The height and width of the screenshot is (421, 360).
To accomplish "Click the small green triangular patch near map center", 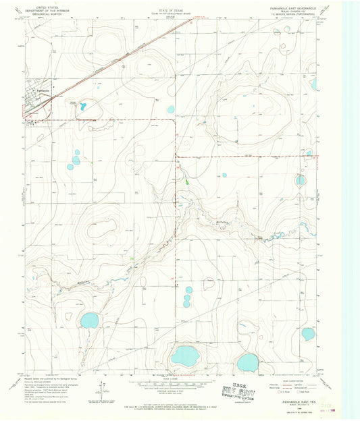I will click(187, 181).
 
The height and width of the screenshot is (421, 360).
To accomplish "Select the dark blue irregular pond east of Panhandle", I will click(82, 106).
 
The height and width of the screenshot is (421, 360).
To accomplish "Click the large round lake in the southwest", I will click(89, 320).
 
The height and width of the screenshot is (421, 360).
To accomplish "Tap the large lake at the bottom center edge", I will click(184, 356).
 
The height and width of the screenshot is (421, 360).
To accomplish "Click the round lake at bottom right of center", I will click(247, 362).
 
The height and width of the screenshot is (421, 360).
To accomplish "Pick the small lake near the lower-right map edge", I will click(307, 333).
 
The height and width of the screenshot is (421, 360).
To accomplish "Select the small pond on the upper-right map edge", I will click(314, 84).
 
